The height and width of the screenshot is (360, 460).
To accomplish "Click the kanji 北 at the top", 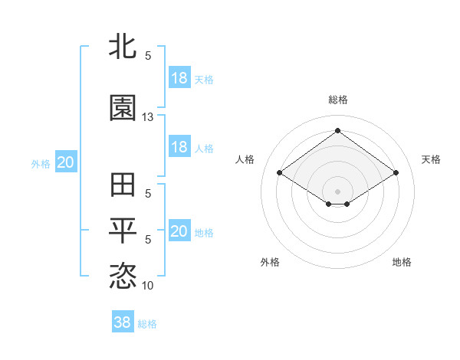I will point(123,46).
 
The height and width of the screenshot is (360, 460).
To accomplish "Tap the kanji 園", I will point(123,108).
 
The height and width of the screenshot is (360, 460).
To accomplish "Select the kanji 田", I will point(123,186).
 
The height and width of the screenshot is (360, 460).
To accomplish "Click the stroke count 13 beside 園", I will point(148,117).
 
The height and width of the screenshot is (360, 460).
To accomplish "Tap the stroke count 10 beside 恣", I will point(148,286).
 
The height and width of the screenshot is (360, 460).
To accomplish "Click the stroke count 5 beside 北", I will point(148,55).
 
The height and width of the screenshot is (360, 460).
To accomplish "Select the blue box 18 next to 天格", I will point(179,78).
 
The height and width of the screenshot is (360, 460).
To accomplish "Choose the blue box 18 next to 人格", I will point(179,147).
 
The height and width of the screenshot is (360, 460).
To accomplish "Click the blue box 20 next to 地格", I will point(179,231).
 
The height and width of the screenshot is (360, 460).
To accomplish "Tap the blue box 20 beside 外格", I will point(65,162).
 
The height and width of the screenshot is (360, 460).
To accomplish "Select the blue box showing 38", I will point(123,323).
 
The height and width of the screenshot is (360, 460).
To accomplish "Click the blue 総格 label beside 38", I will point(147,324).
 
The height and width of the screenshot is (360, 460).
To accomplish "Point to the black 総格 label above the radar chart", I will point(337,100).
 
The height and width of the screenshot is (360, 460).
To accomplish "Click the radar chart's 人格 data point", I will point(280,173).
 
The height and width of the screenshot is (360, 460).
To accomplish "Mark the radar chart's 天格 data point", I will point(396,173).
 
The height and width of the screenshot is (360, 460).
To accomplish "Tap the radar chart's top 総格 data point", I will point(337,131).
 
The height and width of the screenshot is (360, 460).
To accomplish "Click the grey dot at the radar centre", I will point(337,190).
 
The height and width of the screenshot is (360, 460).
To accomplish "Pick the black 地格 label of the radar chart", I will point(402,262).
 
